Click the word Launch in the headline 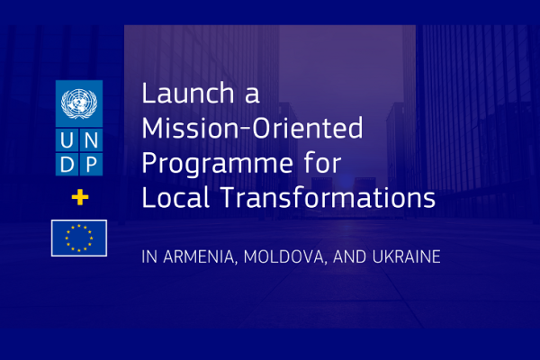[x=188, y=93]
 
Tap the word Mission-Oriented [x=252, y=128]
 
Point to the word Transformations [x=328, y=197]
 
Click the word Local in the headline [x=175, y=197]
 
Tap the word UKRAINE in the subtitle [x=407, y=257]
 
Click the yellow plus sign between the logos [x=80, y=197]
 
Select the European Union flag [x=79, y=238]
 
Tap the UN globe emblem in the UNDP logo [x=79, y=103]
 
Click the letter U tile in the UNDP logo [x=67, y=140]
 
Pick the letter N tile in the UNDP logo [x=91, y=140]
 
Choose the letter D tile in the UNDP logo [x=67, y=165]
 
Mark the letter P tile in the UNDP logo [x=91, y=165]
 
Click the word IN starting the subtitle [x=149, y=257]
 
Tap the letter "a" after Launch [x=252, y=95]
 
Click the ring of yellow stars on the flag [x=79, y=226]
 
